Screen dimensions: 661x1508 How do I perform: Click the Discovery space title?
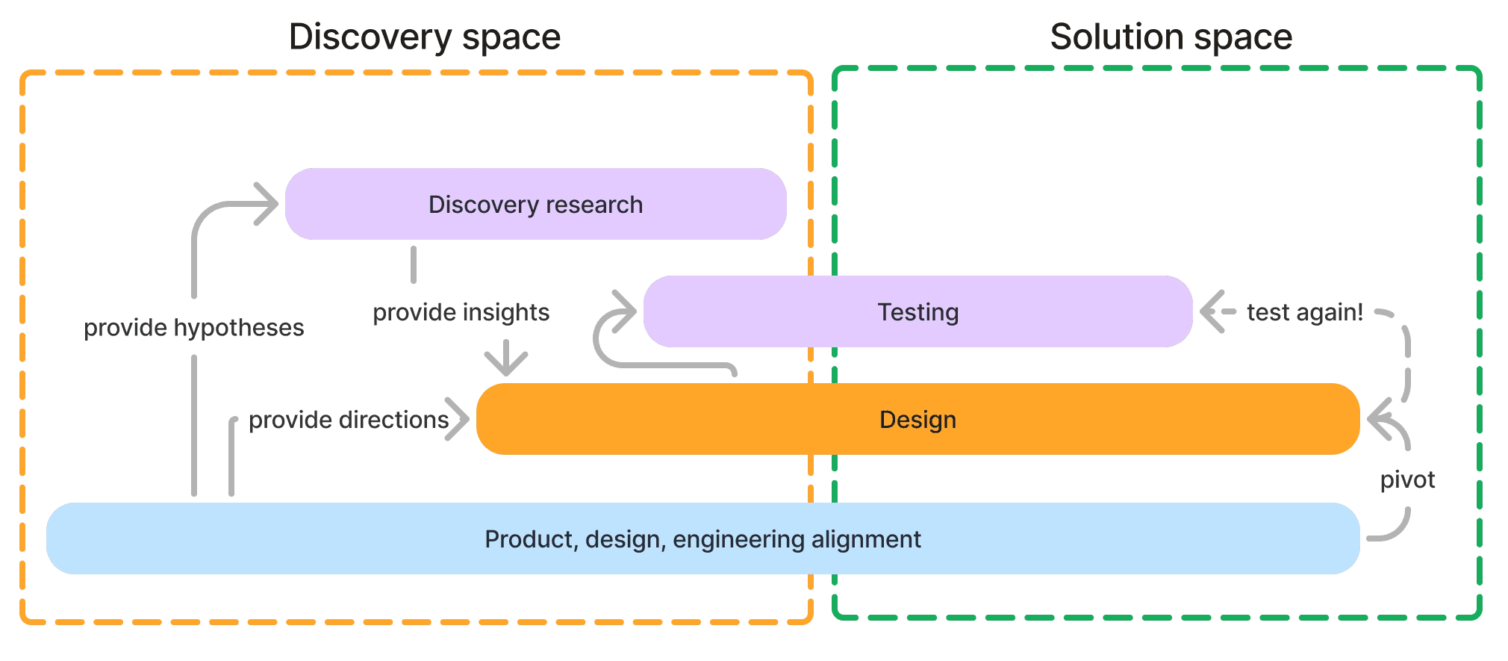pos(424,37)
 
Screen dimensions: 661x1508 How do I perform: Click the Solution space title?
pos(1171,37)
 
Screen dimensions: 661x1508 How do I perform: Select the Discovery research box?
pos(535,204)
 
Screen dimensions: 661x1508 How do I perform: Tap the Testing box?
pos(917,311)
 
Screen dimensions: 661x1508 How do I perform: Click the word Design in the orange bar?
pos(917,420)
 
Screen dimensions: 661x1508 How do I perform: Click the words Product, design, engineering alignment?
pos(702,539)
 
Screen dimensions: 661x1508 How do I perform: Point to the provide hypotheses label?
pos(193,328)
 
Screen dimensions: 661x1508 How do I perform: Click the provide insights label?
pos(461,312)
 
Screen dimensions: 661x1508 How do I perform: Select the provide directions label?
pos(348,420)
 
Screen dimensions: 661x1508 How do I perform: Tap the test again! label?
pos(1304,312)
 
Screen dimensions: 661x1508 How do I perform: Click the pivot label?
pos(1406,480)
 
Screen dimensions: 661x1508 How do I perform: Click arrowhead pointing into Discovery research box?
pos(267,203)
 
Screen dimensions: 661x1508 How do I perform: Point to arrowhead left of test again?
pos(1211,311)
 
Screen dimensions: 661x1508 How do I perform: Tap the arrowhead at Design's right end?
pos(1378,420)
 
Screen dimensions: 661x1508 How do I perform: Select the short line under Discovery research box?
pos(413,265)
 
